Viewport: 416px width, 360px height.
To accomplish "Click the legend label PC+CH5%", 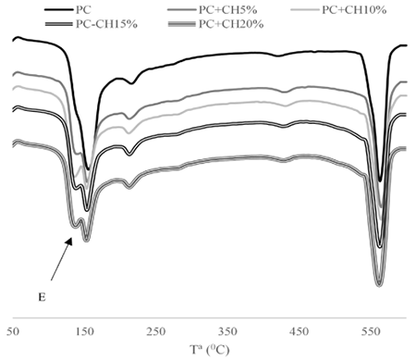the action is click(227, 10).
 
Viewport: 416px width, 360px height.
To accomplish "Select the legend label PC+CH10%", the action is click(354, 10).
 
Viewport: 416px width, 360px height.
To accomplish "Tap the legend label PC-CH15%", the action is click(106, 24).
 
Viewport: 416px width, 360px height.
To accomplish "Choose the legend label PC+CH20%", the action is click(231, 24).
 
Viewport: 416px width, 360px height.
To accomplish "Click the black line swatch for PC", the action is click(58, 10).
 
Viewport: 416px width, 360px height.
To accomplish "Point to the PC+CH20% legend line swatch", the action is click(182, 24).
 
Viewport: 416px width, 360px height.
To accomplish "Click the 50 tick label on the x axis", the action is click(13, 331).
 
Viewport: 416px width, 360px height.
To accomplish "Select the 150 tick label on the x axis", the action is click(85, 331).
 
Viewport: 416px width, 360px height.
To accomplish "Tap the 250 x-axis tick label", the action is click(156, 331).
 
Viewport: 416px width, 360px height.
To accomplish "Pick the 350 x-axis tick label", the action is click(227, 331).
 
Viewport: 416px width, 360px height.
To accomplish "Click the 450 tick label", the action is click(300, 331).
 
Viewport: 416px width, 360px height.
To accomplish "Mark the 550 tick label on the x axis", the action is click(371, 331).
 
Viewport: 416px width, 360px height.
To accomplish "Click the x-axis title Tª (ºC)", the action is click(210, 350).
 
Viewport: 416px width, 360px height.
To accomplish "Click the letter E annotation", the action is click(42, 297).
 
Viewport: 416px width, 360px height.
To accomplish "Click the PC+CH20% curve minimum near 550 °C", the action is click(379, 284).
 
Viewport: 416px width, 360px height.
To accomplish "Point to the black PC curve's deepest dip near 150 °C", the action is click(88, 169).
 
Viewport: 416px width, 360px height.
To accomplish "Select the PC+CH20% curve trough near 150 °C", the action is click(86, 239).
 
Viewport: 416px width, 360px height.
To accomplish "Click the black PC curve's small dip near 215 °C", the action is click(132, 83).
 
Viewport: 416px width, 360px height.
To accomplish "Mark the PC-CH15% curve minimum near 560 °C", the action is click(380, 246).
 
